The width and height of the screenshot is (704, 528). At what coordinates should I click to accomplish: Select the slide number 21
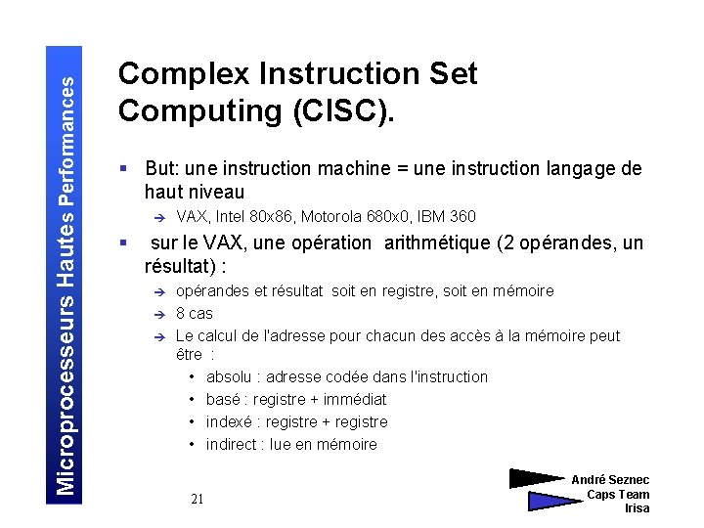point(198,500)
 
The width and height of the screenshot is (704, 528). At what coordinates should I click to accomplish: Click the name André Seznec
point(610,480)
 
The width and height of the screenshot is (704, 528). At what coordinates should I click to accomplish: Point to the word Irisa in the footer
point(637,508)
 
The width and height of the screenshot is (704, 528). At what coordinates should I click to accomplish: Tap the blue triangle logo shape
point(552,501)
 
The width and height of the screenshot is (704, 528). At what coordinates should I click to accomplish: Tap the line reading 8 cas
point(194,313)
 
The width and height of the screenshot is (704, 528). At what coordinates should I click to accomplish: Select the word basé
point(224,399)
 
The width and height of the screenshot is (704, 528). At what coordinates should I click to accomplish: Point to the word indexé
point(231,421)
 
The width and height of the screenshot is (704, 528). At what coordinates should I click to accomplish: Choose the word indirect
point(233,444)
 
